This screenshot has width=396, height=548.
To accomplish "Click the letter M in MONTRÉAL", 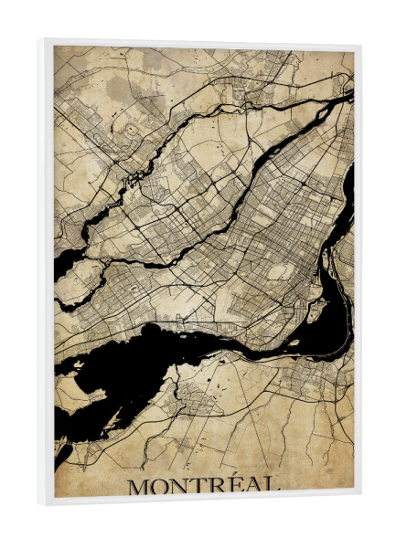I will pyautogui.click(x=139, y=486).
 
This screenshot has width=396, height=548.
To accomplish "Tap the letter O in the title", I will pyautogui.click(x=163, y=486).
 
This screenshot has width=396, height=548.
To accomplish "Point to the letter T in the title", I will pyautogui.click(x=202, y=486).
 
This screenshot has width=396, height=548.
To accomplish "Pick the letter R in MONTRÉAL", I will pyautogui.click(x=220, y=486).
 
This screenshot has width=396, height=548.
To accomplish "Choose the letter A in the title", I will pyautogui.click(x=254, y=486).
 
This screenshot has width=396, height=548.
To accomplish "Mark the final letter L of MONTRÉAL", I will pyautogui.click(x=273, y=486).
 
